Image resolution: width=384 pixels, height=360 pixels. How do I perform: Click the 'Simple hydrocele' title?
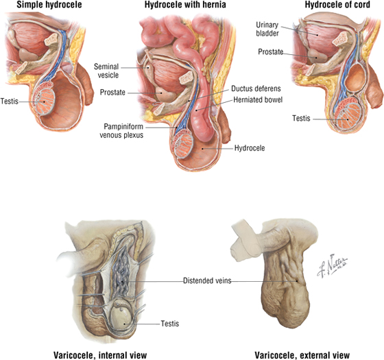pyautogui.click(x=49, y=5)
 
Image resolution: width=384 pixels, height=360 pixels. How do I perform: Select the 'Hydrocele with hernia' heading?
pyautogui.click(x=185, y=5)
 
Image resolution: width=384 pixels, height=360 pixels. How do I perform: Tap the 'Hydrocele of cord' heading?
pyautogui.click(x=337, y=5)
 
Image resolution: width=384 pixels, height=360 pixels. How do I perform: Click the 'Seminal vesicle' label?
pyautogui.click(x=107, y=71)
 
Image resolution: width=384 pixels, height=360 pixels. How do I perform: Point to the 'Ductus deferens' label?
pyautogui.click(x=256, y=88)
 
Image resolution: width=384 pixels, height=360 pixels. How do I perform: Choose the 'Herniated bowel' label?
pyautogui.click(x=258, y=99)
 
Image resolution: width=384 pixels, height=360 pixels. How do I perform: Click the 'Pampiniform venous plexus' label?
pyautogui.click(x=121, y=131)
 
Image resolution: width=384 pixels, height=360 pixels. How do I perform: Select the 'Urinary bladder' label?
pyautogui.click(x=267, y=29)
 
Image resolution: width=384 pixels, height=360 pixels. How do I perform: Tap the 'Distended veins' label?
pyautogui.click(x=207, y=280)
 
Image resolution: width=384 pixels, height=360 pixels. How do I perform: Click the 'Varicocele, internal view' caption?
pyautogui.click(x=100, y=355)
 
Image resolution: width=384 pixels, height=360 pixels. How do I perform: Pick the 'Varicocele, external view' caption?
pyautogui.click(x=302, y=355)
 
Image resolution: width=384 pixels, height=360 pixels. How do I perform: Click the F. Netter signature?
pyautogui.click(x=332, y=266)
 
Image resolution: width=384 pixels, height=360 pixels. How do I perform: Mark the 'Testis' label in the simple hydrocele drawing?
pyautogui.click(x=10, y=101)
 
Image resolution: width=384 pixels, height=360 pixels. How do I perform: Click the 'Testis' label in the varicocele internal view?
pyautogui.click(x=170, y=324)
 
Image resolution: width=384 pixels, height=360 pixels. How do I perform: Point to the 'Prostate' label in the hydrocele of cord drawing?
pyautogui.click(x=271, y=52)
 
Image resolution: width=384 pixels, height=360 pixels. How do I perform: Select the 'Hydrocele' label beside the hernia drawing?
pyautogui.click(x=250, y=148)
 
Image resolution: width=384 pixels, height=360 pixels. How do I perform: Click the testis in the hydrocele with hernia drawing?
pyautogui.click(x=183, y=145)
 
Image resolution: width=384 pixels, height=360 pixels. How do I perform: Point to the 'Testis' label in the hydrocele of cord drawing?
pyautogui.click(x=301, y=118)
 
